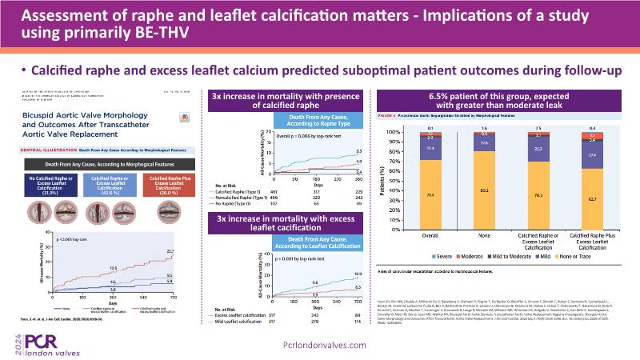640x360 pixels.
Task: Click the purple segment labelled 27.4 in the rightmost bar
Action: coord(593,156)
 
